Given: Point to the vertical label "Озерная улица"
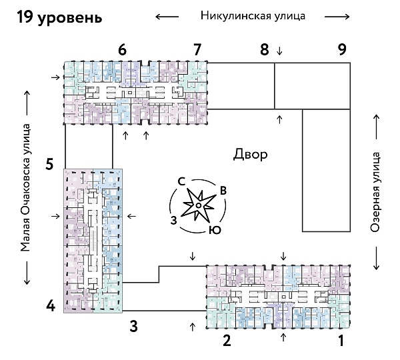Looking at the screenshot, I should [375, 191].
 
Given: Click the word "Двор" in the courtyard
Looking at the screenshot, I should [251, 155].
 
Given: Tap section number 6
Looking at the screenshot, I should [121, 49].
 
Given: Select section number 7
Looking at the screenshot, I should [197, 49].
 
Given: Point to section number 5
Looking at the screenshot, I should [49, 163].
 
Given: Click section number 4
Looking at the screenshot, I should [50, 307].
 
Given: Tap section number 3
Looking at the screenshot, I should [133, 327].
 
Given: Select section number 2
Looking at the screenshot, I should [227, 343].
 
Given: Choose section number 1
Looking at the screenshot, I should [341, 343].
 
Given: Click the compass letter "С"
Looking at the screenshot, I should [181, 181].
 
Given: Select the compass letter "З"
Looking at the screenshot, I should [173, 219].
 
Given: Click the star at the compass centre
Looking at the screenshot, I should [198, 205].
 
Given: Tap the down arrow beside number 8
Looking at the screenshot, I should [279, 51].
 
